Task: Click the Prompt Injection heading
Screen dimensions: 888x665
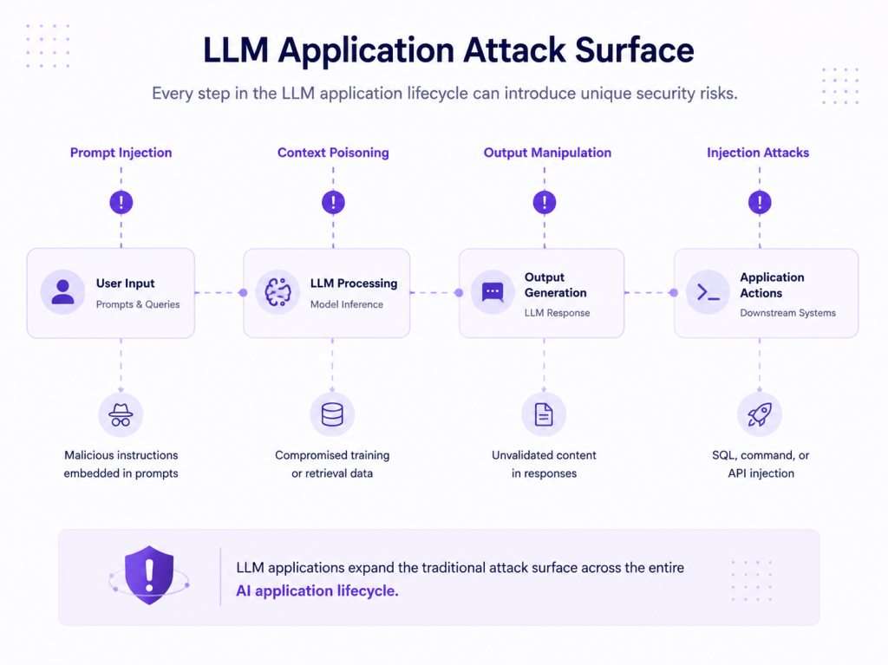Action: [121, 153]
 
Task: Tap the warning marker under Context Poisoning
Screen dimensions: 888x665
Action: [333, 202]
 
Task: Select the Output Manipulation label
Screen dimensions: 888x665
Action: [547, 153]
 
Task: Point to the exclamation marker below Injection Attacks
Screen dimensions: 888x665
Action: [760, 202]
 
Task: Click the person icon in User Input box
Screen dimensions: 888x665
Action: [62, 292]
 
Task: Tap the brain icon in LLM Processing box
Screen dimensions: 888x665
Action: [277, 292]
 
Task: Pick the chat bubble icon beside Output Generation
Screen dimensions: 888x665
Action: [493, 293]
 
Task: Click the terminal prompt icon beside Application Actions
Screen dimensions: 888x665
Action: [708, 293]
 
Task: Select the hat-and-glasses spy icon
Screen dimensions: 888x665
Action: [121, 414]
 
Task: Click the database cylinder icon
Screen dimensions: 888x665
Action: [332, 414]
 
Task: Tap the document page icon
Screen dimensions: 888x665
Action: [544, 414]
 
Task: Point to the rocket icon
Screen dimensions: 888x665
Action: [760, 414]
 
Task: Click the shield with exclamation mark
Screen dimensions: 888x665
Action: [149, 575]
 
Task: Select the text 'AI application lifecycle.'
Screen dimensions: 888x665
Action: [317, 590]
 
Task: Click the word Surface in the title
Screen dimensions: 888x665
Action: [634, 49]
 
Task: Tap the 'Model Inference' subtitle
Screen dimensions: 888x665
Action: [347, 304]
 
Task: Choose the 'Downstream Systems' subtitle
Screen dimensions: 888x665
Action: [787, 313]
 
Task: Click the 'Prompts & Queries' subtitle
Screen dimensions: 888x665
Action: [138, 304]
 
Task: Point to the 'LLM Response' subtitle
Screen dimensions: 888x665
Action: [557, 313]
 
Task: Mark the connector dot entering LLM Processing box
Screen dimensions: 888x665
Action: [243, 293]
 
